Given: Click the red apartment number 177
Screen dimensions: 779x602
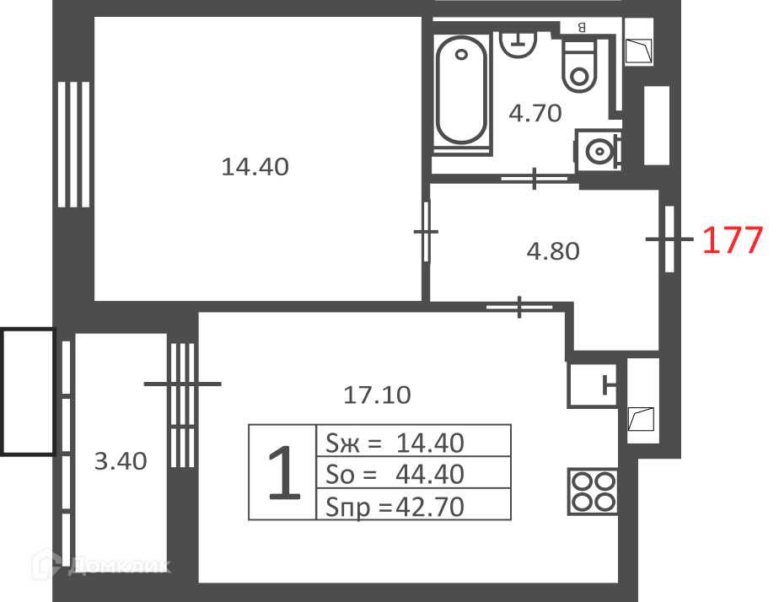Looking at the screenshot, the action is click(x=733, y=240).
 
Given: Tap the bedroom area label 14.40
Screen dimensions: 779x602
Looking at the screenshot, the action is click(x=255, y=167).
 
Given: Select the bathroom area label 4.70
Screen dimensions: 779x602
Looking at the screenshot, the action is click(x=535, y=113).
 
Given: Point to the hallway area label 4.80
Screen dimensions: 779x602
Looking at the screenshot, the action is click(x=553, y=251).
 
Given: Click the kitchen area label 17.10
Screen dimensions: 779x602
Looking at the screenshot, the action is click(x=377, y=395).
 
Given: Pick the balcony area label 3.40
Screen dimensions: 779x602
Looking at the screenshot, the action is click(x=121, y=461).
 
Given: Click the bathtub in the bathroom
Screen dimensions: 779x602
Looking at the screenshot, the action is click(x=461, y=90).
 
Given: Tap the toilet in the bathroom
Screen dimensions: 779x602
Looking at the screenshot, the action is click(x=579, y=66).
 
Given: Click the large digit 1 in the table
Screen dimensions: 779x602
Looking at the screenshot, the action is click(x=283, y=472).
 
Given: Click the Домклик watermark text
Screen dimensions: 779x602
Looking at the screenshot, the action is click(x=119, y=566).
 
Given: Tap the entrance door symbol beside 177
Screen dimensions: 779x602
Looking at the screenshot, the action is click(x=669, y=239).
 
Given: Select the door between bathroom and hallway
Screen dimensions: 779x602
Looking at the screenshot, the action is click(x=534, y=178).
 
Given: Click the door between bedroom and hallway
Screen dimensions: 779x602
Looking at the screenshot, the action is click(x=426, y=232).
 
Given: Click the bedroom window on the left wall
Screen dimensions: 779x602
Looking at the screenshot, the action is click(x=73, y=144).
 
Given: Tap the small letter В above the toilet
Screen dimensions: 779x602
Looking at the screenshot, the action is click(x=582, y=28).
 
